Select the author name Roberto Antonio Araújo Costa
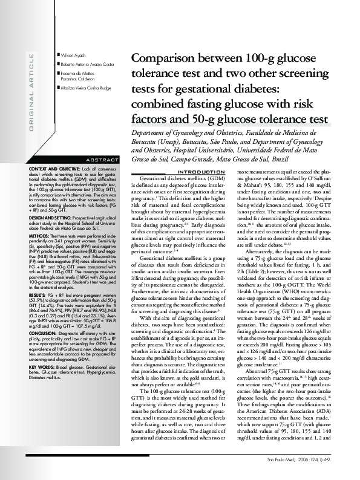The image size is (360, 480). [88, 64]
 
